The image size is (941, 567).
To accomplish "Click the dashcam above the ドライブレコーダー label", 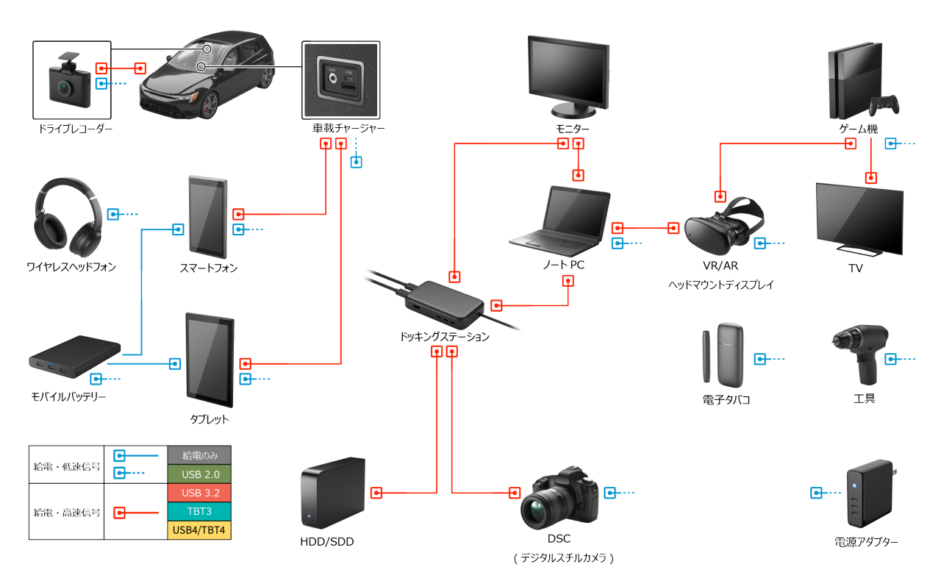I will [65, 83].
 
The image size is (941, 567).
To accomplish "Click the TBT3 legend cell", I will [198, 511].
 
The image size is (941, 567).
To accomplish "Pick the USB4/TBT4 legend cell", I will [198, 530].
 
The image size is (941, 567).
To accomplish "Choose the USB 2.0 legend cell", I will [198, 474].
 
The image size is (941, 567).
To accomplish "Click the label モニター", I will [572, 129].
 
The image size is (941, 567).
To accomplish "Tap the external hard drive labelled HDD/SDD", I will [332, 493].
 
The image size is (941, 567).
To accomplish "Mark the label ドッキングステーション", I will [444, 337].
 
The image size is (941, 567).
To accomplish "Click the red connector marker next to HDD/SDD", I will [376, 493].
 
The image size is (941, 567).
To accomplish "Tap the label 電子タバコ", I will [726, 400].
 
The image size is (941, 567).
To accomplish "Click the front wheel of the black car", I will [208, 107].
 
